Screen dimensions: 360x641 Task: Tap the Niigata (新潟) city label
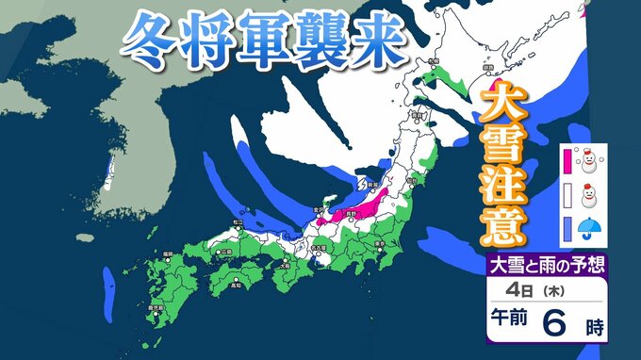pos(372,186)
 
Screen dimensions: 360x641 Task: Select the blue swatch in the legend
pos(567,229)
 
